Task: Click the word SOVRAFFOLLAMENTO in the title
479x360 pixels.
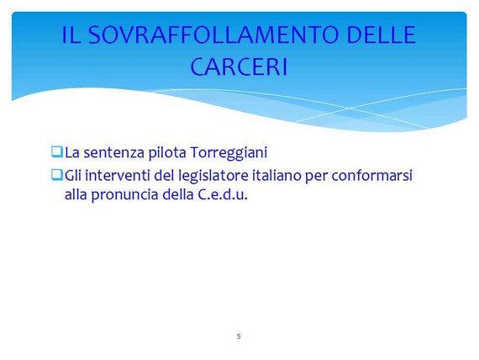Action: [x=213, y=34]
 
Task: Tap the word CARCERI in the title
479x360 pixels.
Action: [x=239, y=66]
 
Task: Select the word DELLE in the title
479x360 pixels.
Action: [x=382, y=34]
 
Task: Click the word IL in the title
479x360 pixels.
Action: [x=71, y=34]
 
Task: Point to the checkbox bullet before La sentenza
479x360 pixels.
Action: [x=57, y=151]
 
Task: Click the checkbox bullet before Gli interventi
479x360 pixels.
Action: [x=57, y=175]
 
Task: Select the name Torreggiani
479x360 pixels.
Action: [x=229, y=153]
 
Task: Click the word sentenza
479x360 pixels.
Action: [x=113, y=153]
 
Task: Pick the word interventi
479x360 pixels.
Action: [x=118, y=176]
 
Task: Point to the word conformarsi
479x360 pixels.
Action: [x=371, y=176]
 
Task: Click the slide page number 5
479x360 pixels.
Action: [x=239, y=336]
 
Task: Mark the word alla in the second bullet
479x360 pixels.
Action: [x=76, y=194]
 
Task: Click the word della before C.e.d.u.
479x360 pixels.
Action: [x=178, y=194]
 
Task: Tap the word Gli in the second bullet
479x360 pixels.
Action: [x=73, y=176]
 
